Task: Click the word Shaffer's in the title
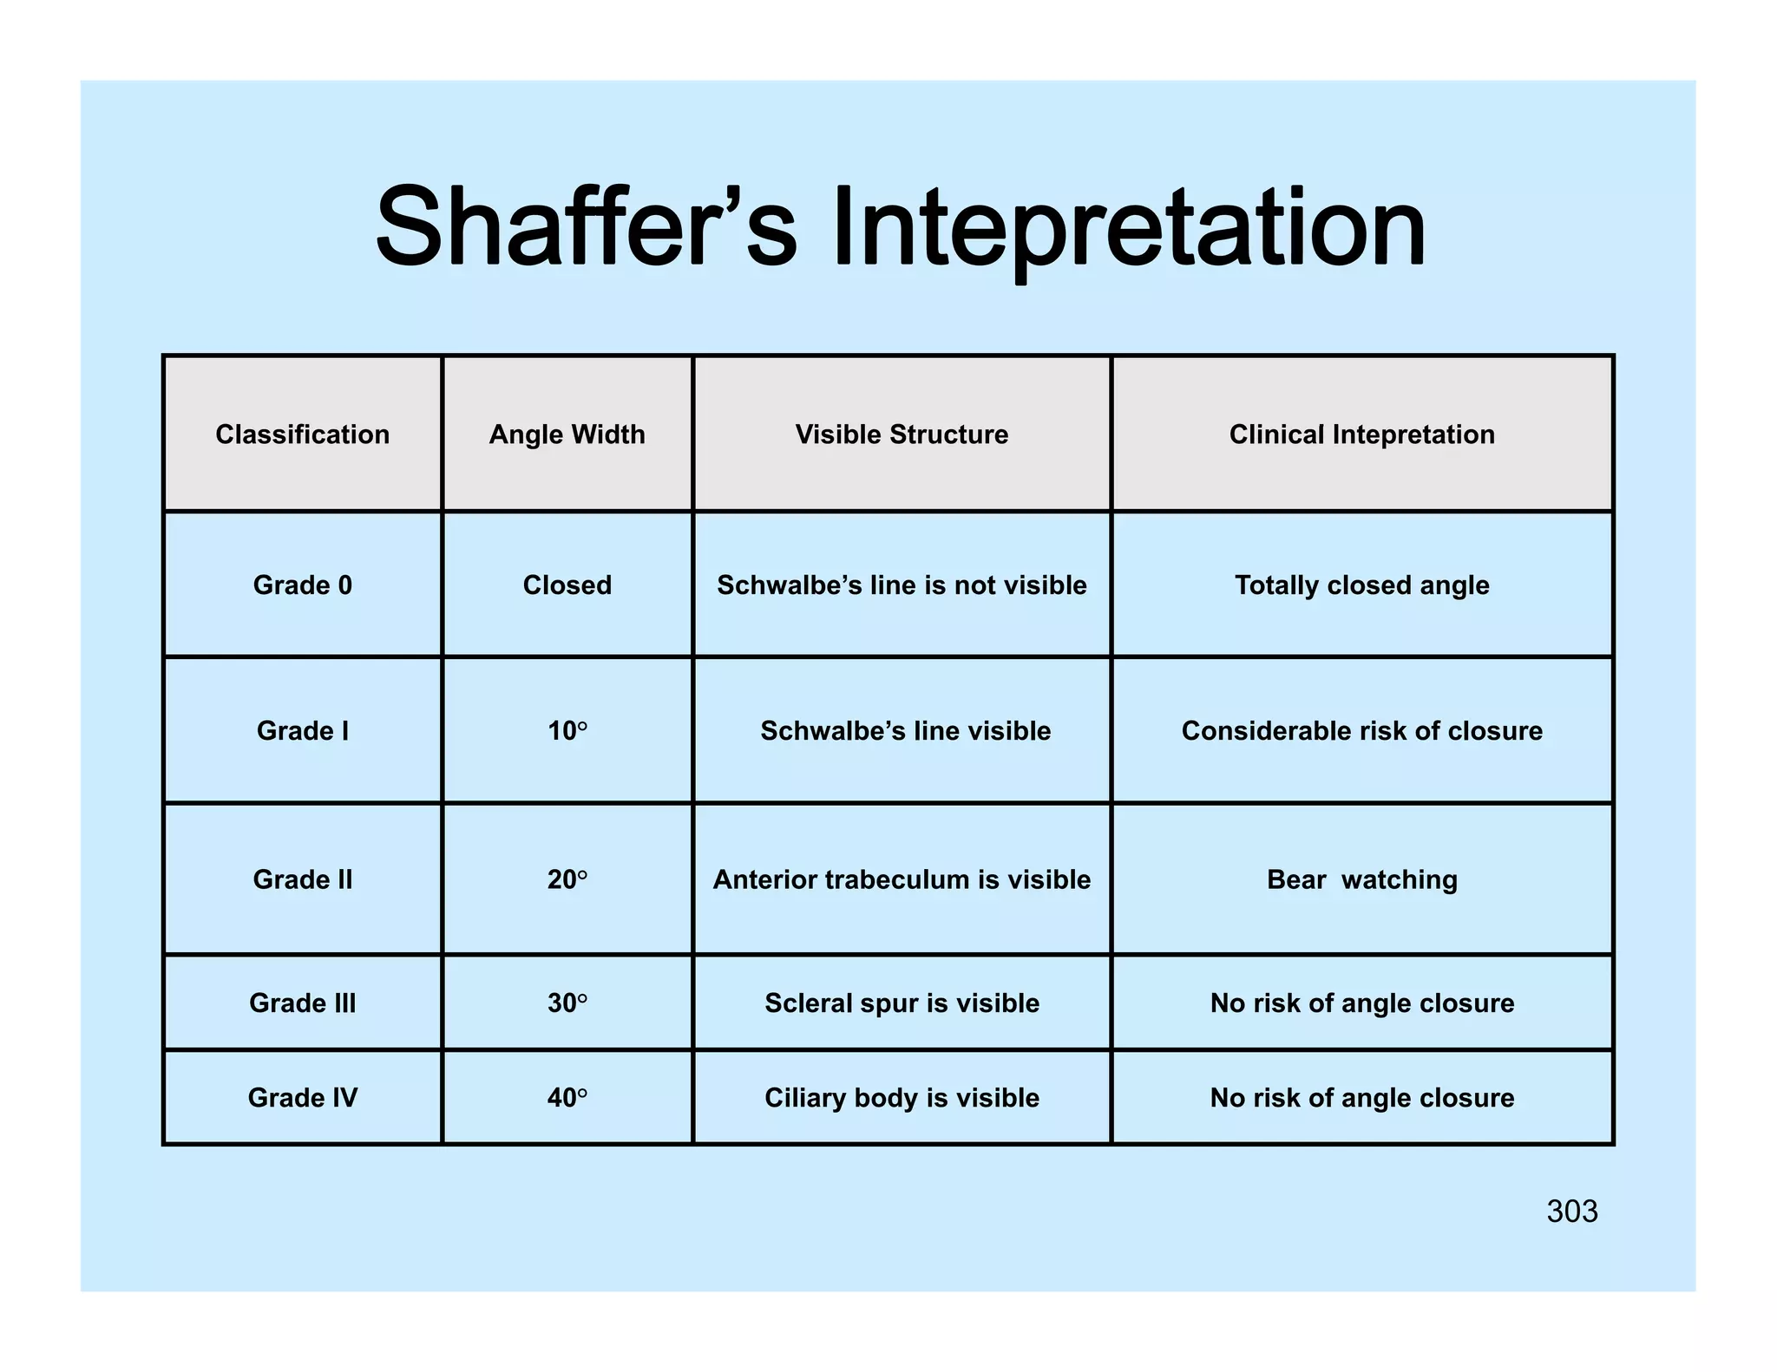pyautogui.click(x=586, y=227)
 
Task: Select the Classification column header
pyautogui.click(x=302, y=434)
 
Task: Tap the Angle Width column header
pyautogui.click(x=567, y=434)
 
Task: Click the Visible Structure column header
pyautogui.click(x=902, y=434)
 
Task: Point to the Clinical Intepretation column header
pyautogui.click(x=1361, y=434)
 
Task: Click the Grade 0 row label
pyautogui.click(x=302, y=585)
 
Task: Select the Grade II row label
pyautogui.click(x=302, y=879)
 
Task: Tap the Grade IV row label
pyautogui.click(x=302, y=1097)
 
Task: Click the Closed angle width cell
pyautogui.click(x=567, y=585)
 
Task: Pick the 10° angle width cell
pyautogui.click(x=567, y=731)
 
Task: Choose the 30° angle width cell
pyautogui.click(x=567, y=1003)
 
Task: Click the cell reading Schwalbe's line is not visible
pyautogui.click(x=902, y=585)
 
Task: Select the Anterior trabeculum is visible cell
pyautogui.click(x=902, y=879)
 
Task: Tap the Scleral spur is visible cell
pyautogui.click(x=902, y=1003)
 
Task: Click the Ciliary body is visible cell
pyautogui.click(x=902, y=1097)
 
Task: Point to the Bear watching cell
pyautogui.click(x=1361, y=879)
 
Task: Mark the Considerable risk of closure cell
pyautogui.click(x=1361, y=731)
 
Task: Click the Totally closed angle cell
pyautogui.click(x=1361, y=585)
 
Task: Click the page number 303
pyautogui.click(x=1571, y=1212)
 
